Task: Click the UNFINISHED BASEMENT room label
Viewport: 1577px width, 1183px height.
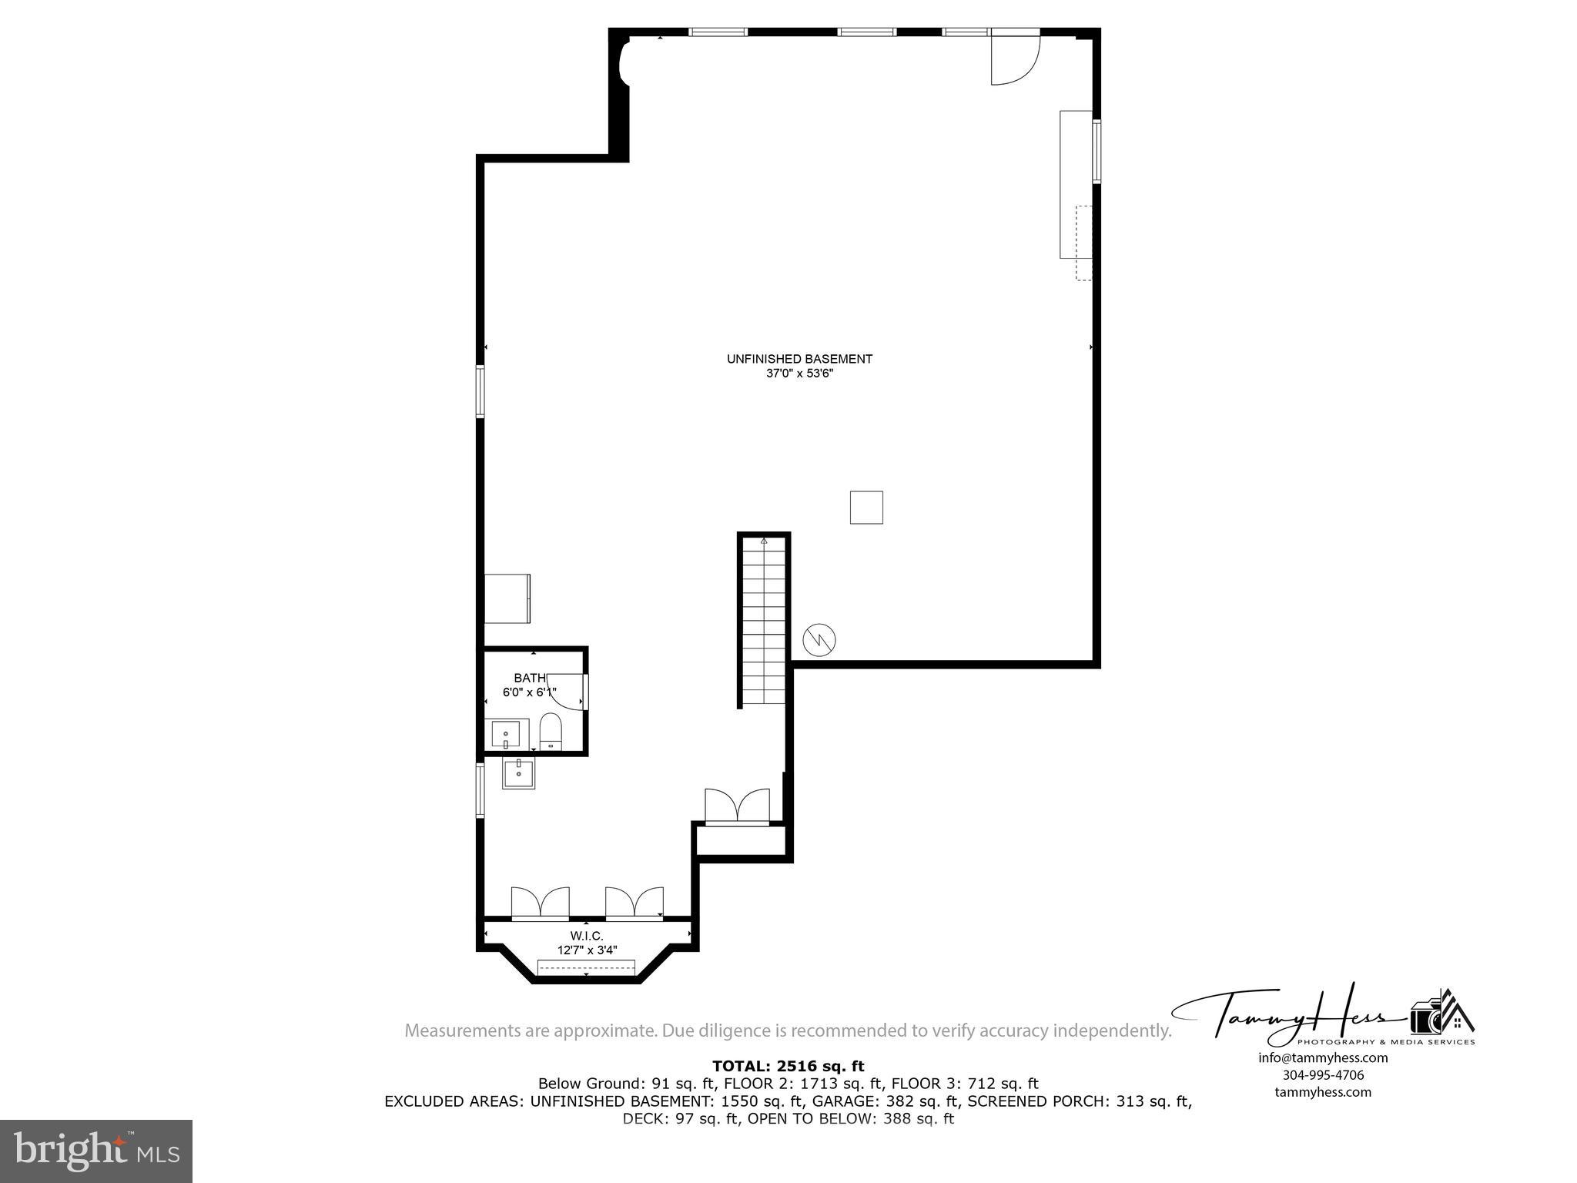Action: pos(799,359)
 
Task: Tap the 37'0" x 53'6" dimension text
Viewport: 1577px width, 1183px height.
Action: pos(799,374)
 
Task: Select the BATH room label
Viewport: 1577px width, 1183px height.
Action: pos(530,678)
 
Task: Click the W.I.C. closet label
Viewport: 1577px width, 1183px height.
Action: pos(587,936)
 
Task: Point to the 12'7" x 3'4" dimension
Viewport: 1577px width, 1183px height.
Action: pos(587,950)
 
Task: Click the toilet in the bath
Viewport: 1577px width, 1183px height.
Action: pos(551,732)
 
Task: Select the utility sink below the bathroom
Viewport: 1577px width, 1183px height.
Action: pos(519,772)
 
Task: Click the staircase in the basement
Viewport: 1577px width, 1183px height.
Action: pos(764,620)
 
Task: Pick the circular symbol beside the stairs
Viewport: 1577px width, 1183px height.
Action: pos(819,639)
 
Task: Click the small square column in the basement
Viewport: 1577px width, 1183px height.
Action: pos(866,508)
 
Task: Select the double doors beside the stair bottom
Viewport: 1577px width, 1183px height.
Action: pos(737,807)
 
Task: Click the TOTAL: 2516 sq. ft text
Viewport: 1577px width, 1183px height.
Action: pos(788,1066)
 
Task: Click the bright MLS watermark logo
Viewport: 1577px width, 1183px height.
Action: pos(96,1151)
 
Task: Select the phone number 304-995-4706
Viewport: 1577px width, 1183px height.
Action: pos(1323,1075)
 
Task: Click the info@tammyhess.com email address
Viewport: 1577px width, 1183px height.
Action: pos(1323,1057)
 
